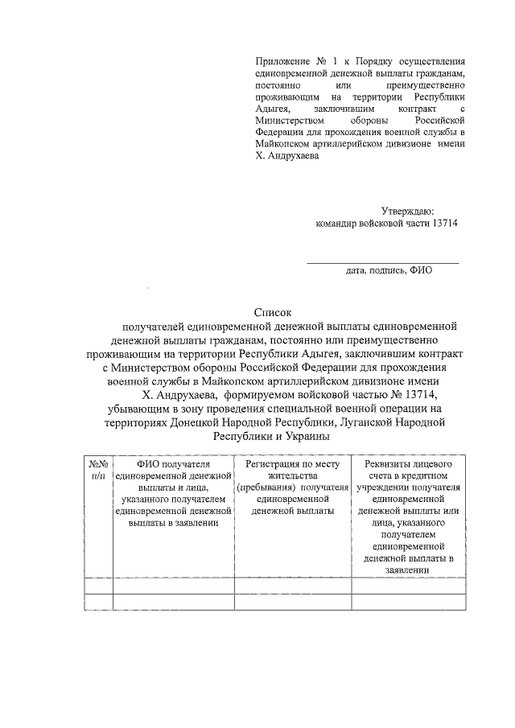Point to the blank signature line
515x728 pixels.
click(x=383, y=261)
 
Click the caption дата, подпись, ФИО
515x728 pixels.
click(x=389, y=270)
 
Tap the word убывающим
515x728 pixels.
click(x=143, y=409)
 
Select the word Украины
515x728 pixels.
click(x=303, y=436)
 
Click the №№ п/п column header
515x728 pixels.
click(x=98, y=470)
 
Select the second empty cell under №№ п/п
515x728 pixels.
click(x=98, y=603)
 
